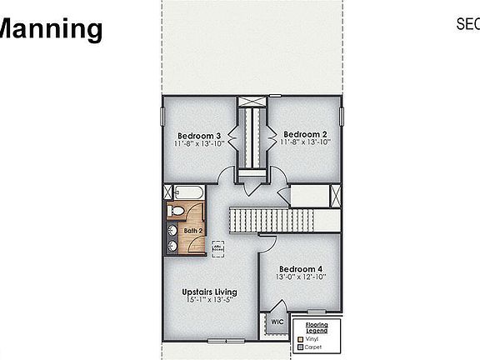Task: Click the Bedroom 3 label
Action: tap(199, 135)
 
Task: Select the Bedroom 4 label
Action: tap(301, 269)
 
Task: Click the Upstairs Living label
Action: tap(209, 292)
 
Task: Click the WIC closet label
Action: tap(277, 322)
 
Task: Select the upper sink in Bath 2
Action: tap(172, 230)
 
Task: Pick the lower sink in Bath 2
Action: tap(172, 245)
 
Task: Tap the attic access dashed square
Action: tap(217, 247)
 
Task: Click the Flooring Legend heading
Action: tap(317, 328)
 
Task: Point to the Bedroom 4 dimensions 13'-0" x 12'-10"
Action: tap(301, 278)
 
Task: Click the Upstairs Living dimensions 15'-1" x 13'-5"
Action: tap(209, 301)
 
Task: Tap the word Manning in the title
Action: tap(50, 29)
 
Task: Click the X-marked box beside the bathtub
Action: tap(168, 192)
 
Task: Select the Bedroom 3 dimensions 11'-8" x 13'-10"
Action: tap(199, 143)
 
